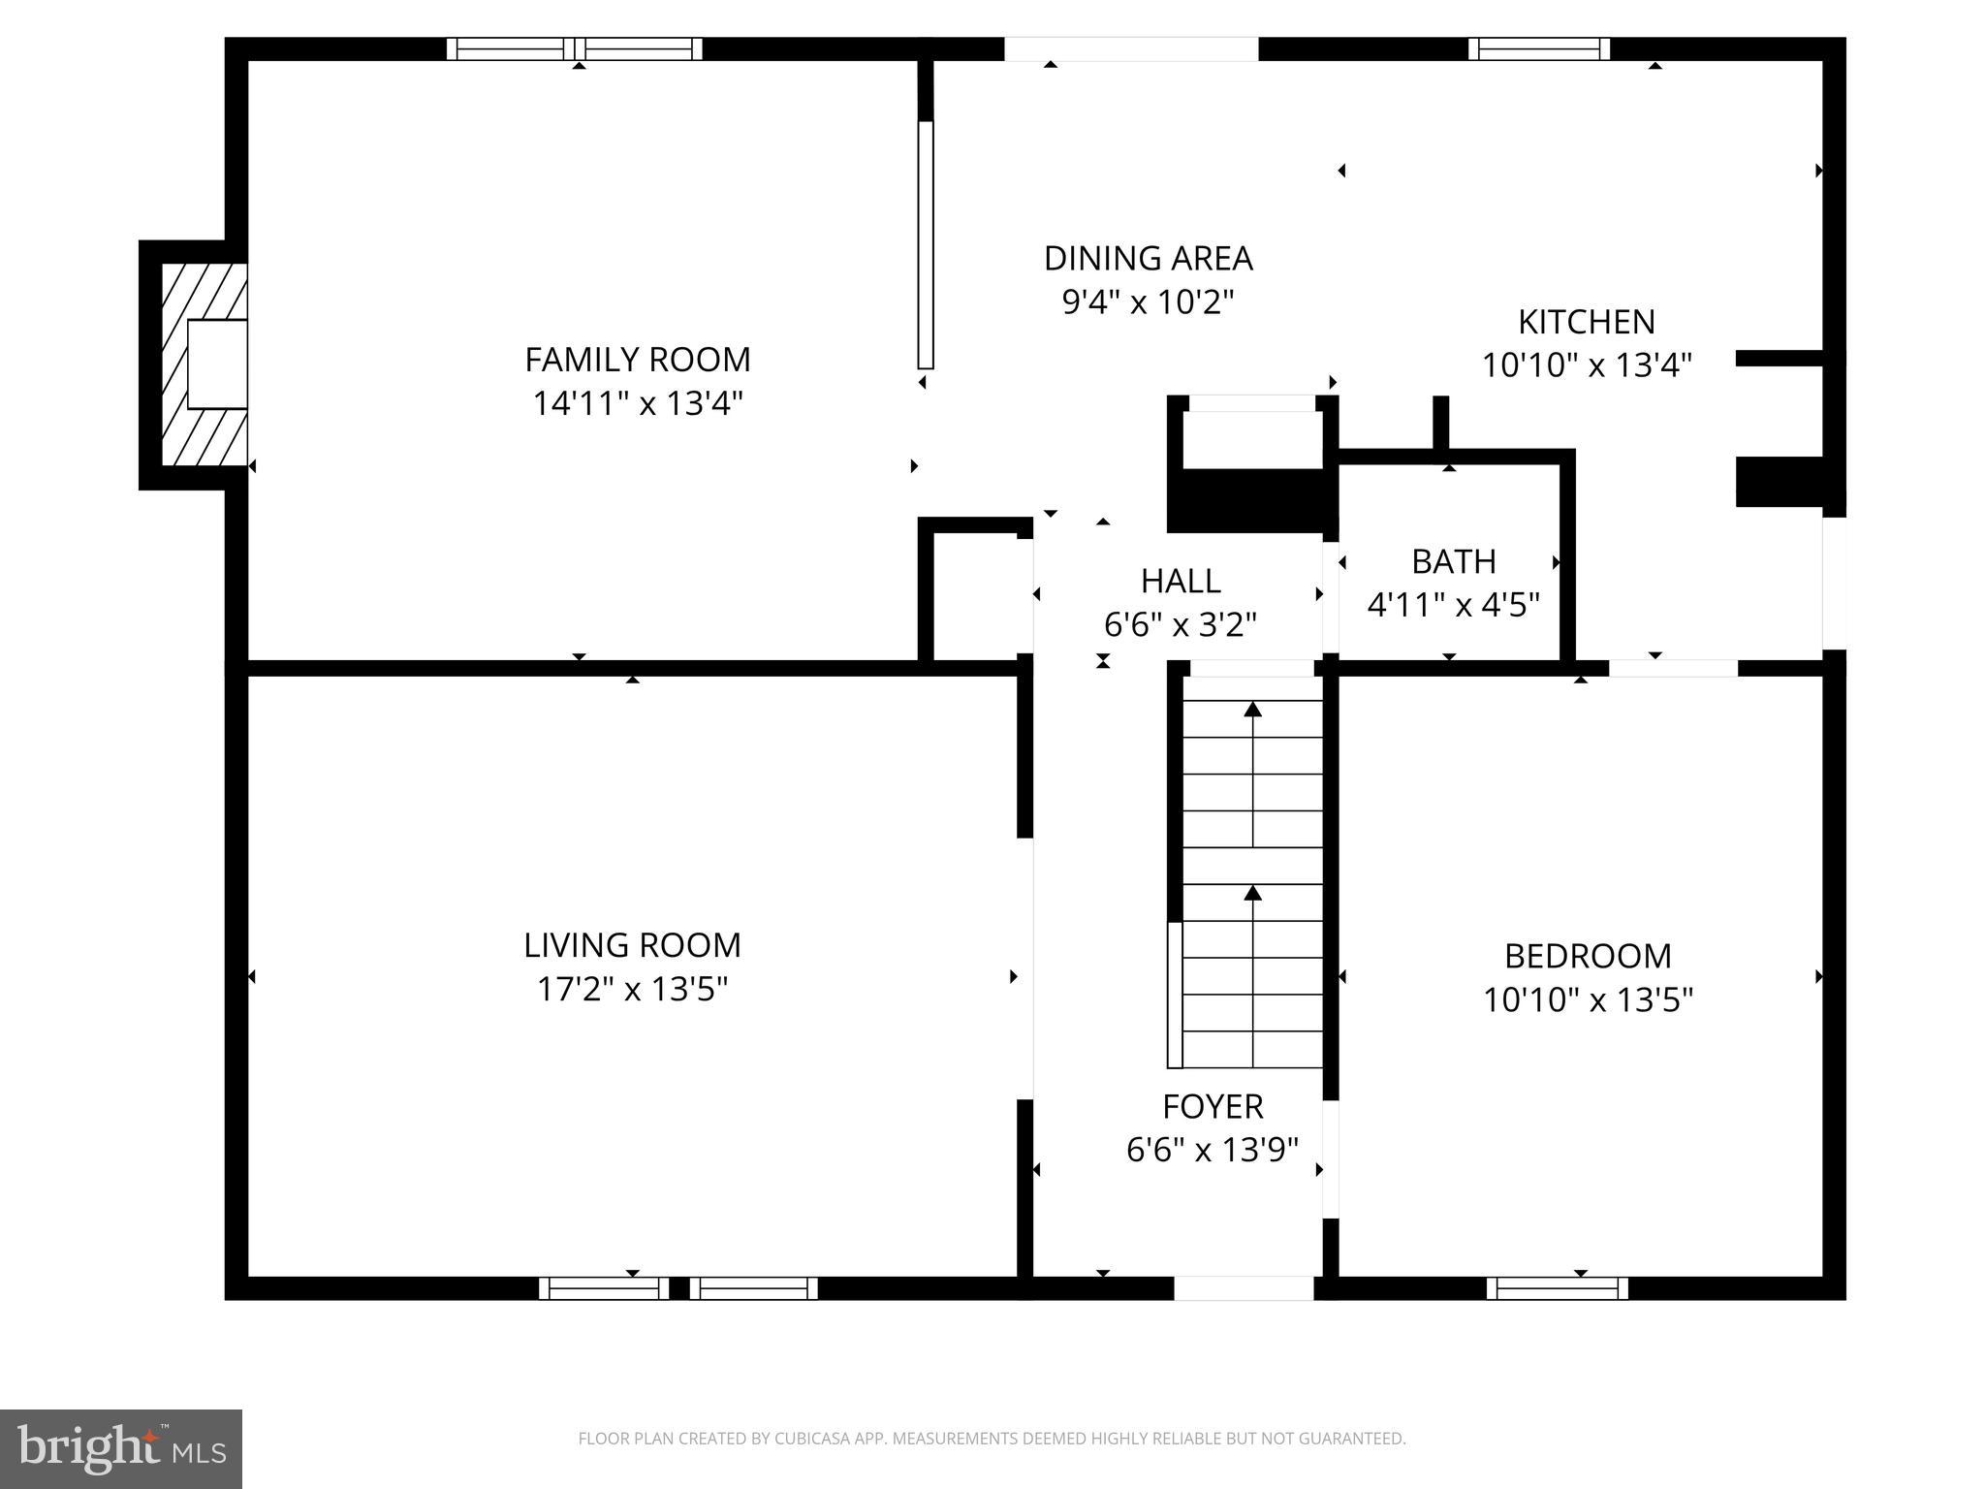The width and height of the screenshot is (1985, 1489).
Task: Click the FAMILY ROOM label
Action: click(x=637, y=360)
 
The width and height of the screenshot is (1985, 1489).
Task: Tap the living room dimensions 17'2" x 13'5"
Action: click(x=632, y=990)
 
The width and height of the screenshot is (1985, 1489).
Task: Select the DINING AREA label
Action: click(x=1148, y=259)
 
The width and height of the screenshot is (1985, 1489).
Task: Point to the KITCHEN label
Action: click(x=1586, y=322)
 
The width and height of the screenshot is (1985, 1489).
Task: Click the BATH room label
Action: click(x=1453, y=562)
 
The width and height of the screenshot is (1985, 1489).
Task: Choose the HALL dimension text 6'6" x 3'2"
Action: click(x=1180, y=625)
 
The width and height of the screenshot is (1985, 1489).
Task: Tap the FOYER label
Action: click(x=1213, y=1106)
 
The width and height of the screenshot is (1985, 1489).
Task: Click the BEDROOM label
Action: click(x=1588, y=957)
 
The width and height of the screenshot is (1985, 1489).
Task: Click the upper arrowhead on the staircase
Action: click(x=1253, y=710)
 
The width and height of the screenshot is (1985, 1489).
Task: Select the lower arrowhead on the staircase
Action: click(x=1253, y=893)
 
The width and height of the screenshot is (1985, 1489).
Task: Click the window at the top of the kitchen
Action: click(x=1538, y=48)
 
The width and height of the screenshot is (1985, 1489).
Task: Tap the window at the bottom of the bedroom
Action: click(x=1557, y=1288)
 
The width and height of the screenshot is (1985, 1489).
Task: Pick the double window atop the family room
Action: click(x=574, y=48)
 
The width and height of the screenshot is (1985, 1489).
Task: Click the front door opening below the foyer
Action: click(x=1244, y=1288)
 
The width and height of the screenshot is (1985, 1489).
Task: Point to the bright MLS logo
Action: click(x=121, y=1449)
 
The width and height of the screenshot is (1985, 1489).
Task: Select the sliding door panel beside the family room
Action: click(x=926, y=244)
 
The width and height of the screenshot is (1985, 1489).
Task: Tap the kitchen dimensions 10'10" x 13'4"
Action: click(x=1587, y=365)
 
